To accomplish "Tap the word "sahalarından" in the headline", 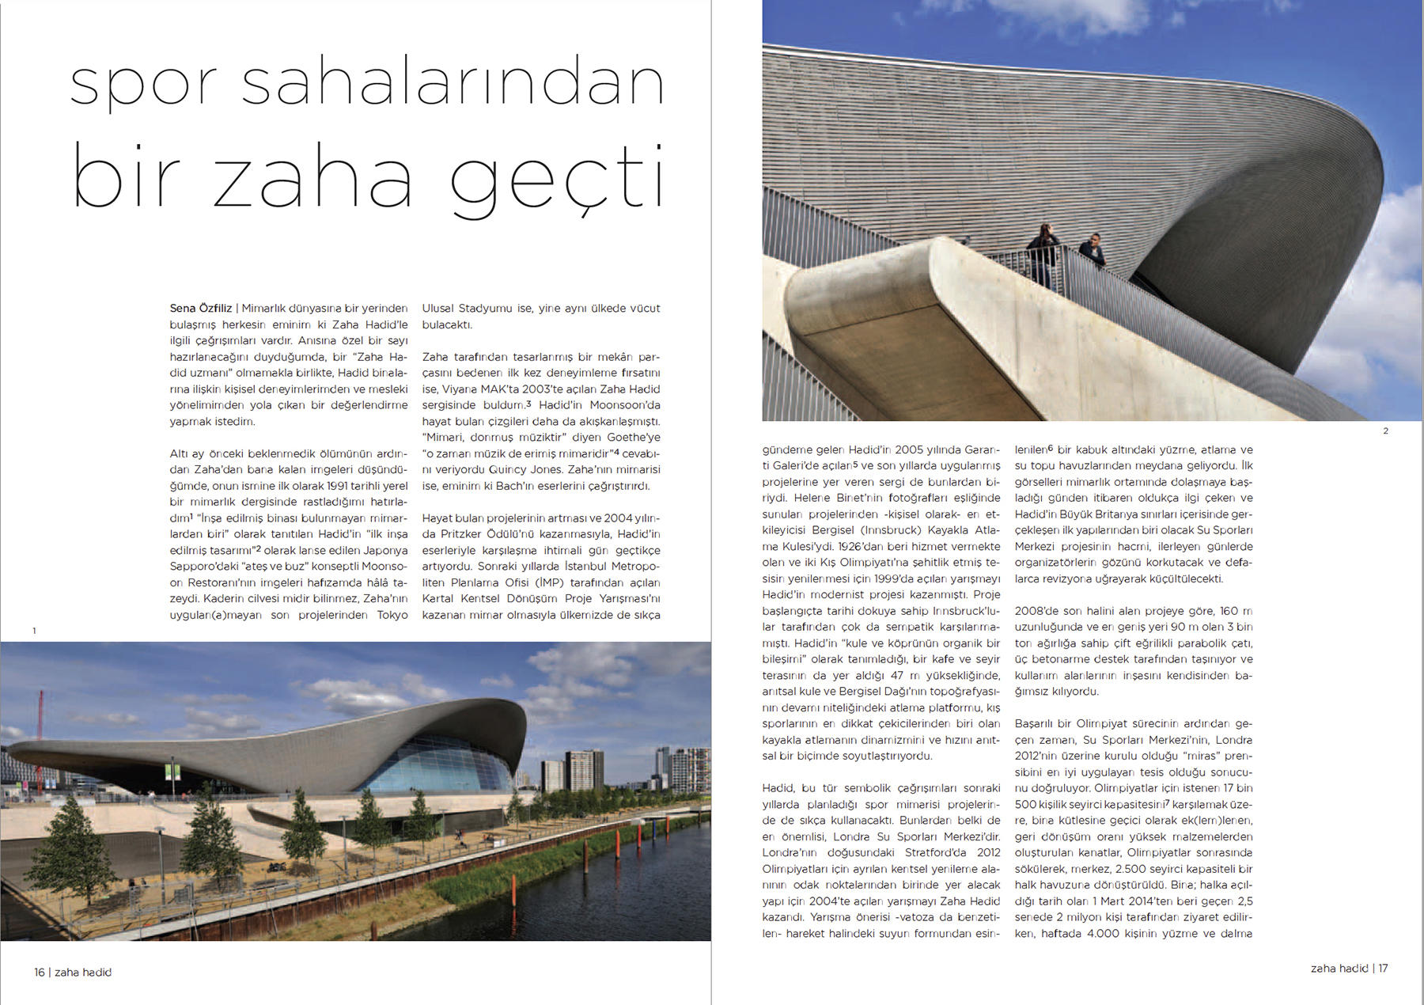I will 452,83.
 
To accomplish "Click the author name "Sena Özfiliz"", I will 201,309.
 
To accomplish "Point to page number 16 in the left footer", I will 40,972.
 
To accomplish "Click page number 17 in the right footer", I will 1383,968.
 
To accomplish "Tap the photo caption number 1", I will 34,631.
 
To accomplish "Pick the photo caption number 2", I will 1385,431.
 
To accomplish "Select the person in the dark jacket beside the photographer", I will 1093,252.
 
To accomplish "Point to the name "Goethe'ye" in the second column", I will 633,438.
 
